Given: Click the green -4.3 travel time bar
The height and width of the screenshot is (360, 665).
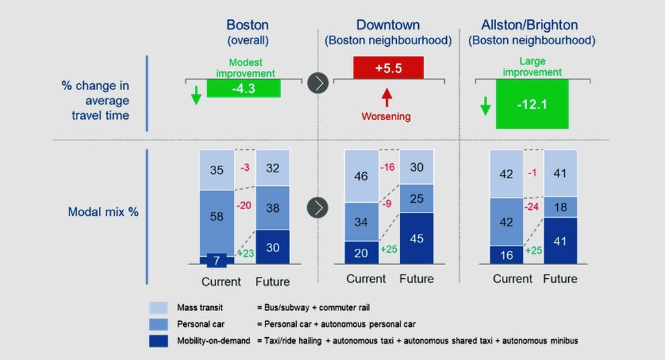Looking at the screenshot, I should coord(244,88).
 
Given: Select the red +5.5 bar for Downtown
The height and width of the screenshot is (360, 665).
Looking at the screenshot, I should coord(388,68).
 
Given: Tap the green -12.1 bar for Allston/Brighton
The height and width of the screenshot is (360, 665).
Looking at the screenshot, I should coord(532,104).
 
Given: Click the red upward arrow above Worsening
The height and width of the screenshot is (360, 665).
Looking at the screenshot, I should coord(388,98).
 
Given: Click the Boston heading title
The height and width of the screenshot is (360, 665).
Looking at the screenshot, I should coord(247,25).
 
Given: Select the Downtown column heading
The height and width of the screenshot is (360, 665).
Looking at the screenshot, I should coord(388,25).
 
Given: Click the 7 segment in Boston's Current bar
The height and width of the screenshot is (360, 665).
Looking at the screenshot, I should coord(216,261).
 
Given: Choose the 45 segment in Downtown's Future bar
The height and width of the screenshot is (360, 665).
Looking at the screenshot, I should coord(416,238).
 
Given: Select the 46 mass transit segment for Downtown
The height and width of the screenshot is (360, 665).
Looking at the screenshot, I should coord(361,176).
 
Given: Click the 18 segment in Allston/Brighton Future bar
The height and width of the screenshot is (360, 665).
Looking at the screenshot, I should coord(560,207).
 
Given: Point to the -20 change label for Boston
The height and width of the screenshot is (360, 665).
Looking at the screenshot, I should coord(244,205).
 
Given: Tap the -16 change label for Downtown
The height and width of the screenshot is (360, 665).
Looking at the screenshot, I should coord(388,166).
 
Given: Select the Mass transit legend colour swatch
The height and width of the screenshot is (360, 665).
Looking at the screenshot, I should coord(159,307).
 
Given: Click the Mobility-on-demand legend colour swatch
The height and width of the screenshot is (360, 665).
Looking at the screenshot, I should coord(159,341).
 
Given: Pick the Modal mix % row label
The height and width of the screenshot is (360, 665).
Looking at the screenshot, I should coord(103,212).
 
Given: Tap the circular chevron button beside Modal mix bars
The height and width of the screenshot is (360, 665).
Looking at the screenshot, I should coord(318,208).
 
